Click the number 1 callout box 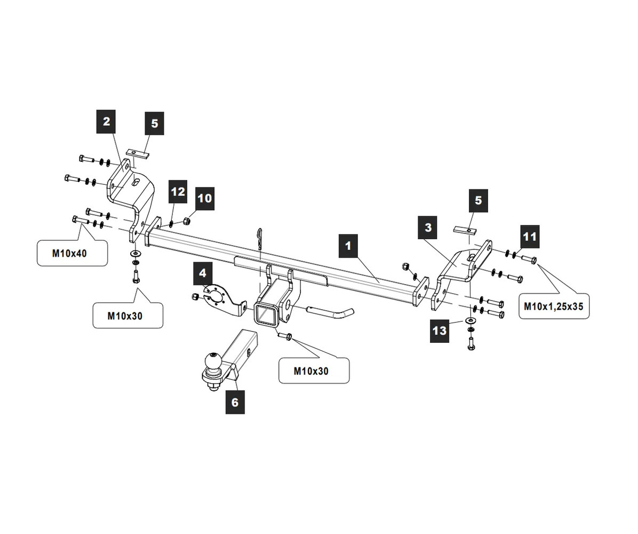348,246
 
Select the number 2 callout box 106,121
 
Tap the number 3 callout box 428,228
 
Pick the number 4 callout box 203,273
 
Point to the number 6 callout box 235,402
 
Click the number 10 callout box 204,199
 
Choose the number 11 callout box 529,235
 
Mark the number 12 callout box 178,192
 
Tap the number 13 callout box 439,331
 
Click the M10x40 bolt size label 71,253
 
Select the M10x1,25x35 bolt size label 554,307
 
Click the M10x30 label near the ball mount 314,371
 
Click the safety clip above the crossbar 260,239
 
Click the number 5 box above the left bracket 154,123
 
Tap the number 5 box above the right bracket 478,200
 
